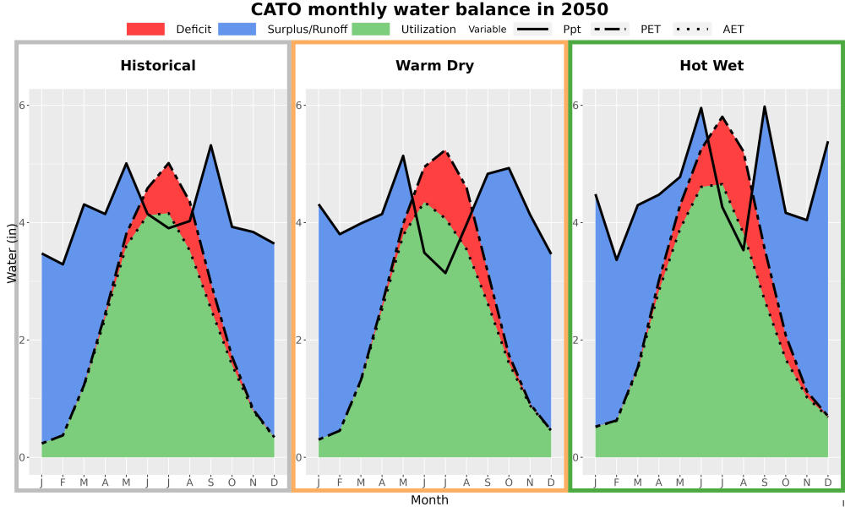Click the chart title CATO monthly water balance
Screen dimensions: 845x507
429,9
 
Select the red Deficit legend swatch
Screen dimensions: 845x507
145,29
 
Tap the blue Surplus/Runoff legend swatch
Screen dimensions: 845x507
237,29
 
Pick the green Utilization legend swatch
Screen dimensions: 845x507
371,29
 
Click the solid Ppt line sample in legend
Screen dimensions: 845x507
532,29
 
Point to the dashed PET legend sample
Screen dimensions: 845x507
610,29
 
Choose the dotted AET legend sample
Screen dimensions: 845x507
692,29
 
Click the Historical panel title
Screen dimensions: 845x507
158,66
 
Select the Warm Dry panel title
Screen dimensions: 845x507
435,66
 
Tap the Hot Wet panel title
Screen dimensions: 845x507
711,66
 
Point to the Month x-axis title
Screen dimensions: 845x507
429,500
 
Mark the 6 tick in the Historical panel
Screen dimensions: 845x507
24,105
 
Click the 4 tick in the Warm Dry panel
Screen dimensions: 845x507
300,222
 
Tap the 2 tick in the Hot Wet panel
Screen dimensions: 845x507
576,340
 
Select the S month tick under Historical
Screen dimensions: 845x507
210,482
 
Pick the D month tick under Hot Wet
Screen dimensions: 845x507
828,482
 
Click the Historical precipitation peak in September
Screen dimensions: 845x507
210,145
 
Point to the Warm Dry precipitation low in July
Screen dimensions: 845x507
445,273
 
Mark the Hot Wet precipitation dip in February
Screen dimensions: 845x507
617,260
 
